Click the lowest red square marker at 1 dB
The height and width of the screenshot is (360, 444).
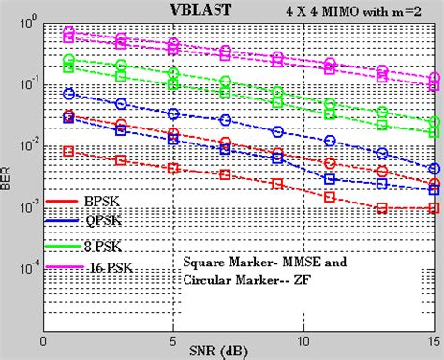[x=68, y=151]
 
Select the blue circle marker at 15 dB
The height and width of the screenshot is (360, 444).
[x=434, y=170]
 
